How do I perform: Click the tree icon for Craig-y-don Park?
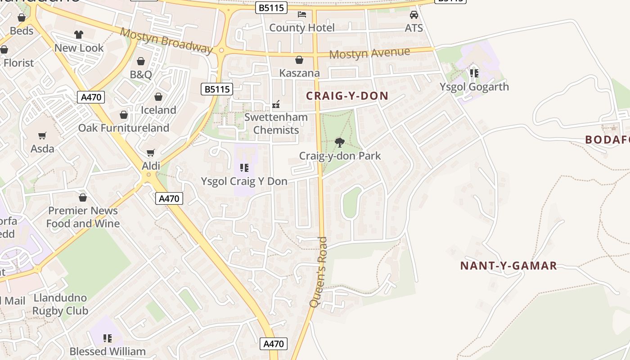pos(340,143)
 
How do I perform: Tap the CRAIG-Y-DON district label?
pos(347,95)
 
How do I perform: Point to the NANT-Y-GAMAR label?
pos(508,265)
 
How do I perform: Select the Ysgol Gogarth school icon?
pos(474,73)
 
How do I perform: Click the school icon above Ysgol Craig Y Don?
pos(244,168)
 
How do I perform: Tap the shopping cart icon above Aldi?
pos(151,153)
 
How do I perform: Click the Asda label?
pos(42,148)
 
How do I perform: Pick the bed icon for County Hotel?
pos(302,14)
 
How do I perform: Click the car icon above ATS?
pos(414,15)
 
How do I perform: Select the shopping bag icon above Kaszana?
pos(299,60)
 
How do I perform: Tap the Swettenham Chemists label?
pos(276,124)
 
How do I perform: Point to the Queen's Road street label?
pos(319,272)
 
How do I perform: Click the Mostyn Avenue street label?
pos(369,53)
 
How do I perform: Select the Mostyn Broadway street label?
pos(166,40)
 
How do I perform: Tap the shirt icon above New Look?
pos(79,35)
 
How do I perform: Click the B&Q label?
pos(141,74)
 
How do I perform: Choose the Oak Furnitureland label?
pos(124,128)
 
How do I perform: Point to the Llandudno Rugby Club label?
pos(60,304)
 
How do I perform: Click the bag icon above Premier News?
pos(83,198)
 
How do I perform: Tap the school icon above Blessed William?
pos(108,338)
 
